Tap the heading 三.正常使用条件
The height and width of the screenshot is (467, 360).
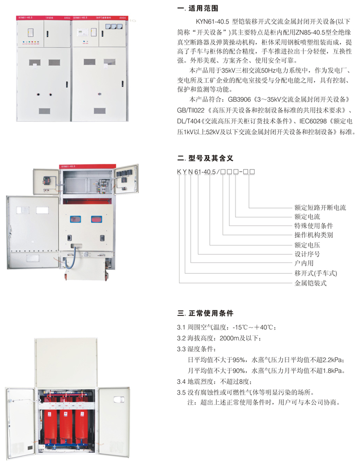tap(205, 313)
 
